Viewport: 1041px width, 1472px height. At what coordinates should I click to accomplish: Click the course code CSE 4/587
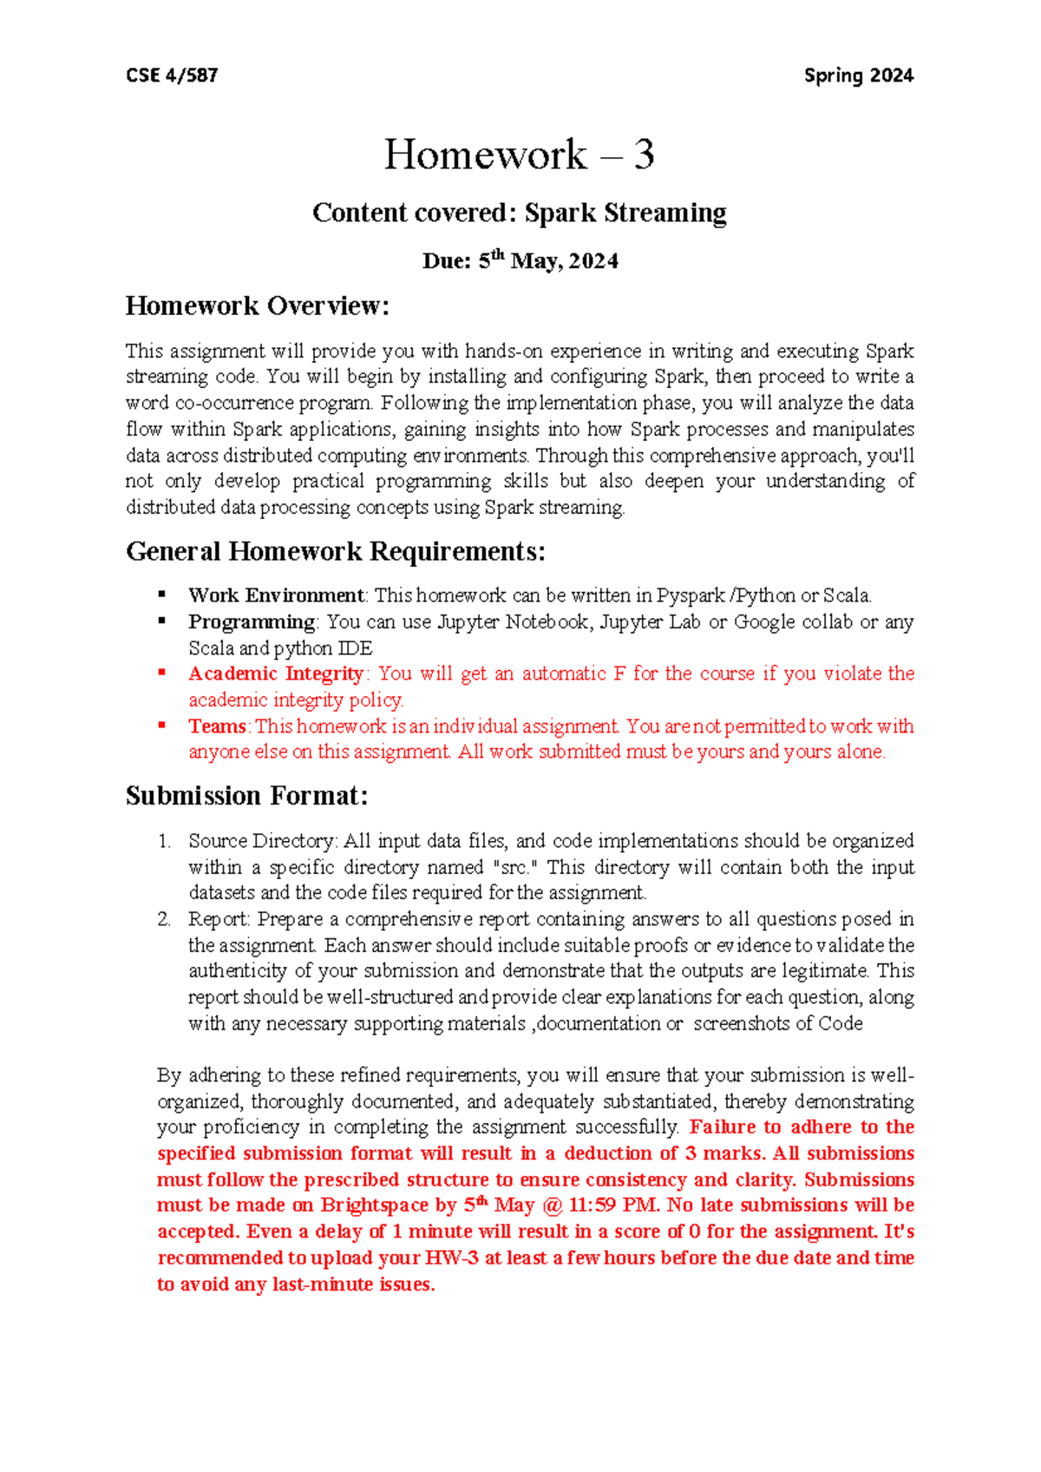172,76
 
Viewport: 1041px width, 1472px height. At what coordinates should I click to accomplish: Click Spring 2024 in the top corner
858,76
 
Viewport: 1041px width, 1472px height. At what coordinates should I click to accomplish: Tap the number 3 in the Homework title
643,154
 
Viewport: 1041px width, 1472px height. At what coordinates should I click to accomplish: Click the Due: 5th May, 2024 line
520,261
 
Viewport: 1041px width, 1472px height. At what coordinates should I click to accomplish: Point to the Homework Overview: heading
258,306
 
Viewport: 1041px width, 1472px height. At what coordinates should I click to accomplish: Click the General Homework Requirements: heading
336,551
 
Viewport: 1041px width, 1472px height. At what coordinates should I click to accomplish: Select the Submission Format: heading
247,796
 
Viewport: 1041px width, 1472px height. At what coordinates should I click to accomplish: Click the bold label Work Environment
276,595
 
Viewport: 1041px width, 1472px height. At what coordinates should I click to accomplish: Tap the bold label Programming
252,621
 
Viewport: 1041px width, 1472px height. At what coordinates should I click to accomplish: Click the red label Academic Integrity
276,674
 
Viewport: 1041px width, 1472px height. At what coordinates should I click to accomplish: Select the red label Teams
218,726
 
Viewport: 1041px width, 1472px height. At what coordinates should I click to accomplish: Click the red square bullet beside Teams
161,725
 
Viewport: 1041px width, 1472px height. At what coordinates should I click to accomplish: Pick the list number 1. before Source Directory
164,841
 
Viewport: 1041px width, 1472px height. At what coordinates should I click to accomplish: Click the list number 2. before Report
164,919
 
